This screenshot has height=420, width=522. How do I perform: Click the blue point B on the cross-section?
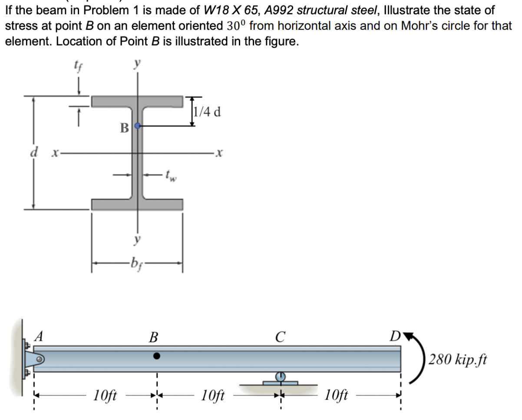click(137, 126)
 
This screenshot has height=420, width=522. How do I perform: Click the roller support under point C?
click(281, 379)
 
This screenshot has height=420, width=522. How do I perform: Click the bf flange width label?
click(136, 262)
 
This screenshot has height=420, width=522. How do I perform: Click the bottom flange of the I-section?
click(137, 204)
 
